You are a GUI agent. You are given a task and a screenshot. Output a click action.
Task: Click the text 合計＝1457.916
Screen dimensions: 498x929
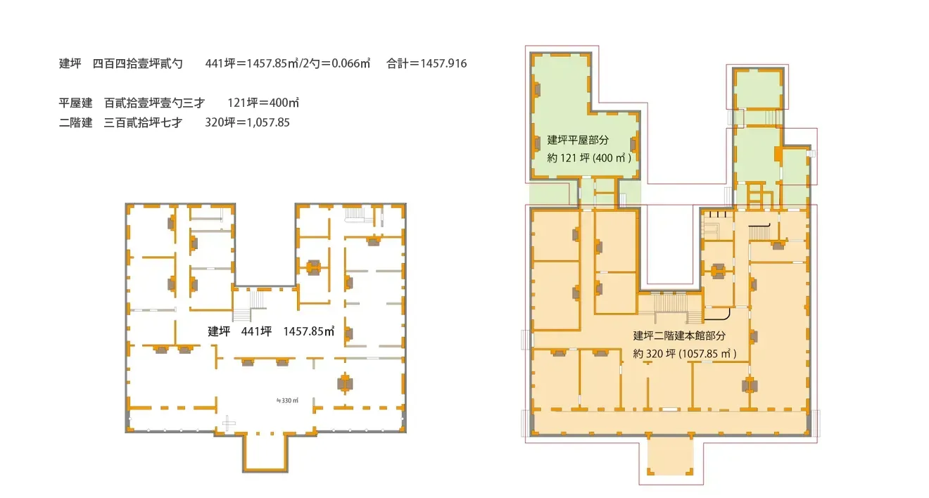(x=426, y=64)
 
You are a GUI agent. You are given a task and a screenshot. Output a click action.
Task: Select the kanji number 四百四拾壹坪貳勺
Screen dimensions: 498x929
(x=138, y=64)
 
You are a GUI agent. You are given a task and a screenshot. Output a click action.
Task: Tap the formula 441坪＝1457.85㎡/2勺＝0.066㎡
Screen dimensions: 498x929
(x=288, y=64)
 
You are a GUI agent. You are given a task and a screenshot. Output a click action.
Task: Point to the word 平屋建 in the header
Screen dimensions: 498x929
(x=75, y=103)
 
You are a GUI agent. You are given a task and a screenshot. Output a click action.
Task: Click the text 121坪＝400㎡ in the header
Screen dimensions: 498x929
(x=263, y=103)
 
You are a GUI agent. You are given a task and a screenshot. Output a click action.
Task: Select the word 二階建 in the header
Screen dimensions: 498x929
(x=75, y=122)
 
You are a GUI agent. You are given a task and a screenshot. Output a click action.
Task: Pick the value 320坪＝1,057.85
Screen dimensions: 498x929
(x=247, y=122)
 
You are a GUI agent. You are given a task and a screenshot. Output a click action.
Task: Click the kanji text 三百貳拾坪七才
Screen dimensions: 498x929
(x=143, y=122)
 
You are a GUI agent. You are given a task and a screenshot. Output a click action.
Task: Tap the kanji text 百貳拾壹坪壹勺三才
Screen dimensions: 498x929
(x=154, y=103)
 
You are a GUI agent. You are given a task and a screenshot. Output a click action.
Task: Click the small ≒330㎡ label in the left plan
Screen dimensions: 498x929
(x=287, y=401)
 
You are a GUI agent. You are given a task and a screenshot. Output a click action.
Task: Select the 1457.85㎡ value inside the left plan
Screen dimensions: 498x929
(x=308, y=331)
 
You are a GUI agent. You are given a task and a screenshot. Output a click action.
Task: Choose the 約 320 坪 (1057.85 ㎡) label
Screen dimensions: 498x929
(x=685, y=354)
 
